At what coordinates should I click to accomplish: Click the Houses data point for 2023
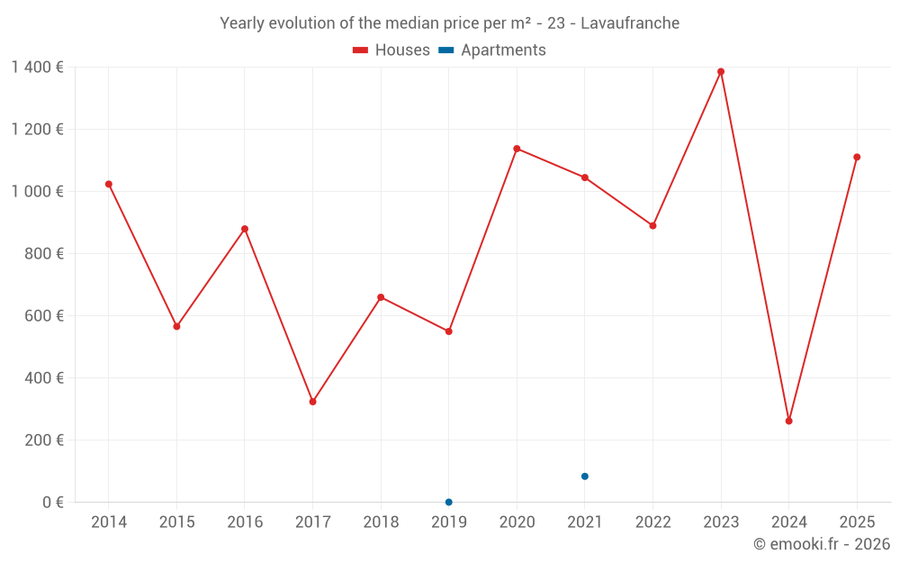[721, 72]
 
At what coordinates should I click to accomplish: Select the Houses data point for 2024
[789, 421]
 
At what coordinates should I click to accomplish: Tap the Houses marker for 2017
[312, 402]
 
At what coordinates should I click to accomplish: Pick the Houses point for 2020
[517, 149]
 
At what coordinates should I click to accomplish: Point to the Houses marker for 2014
[109, 184]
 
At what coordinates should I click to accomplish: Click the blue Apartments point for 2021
[585, 477]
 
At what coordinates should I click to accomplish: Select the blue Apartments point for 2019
[449, 502]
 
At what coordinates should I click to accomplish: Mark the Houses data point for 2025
[857, 157]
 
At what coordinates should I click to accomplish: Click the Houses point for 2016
[245, 229]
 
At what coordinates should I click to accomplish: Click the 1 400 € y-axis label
[37, 67]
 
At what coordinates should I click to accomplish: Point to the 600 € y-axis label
[45, 316]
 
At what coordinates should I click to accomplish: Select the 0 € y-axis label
[53, 503]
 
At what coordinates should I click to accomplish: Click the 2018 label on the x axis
[381, 522]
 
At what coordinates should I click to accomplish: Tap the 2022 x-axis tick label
[653, 522]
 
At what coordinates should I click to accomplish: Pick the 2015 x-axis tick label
[176, 522]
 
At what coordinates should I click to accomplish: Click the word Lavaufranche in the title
[630, 23]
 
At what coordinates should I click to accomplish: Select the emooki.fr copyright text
[822, 544]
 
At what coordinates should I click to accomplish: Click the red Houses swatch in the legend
[361, 50]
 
